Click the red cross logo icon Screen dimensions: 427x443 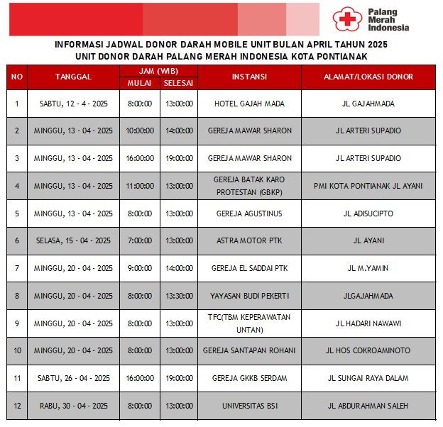coord(345,19)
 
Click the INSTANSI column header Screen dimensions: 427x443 coord(249,77)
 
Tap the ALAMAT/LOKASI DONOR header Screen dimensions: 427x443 coord(368,77)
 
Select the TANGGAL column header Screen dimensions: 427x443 coord(73,77)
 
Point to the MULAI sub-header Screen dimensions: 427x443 coord(139,84)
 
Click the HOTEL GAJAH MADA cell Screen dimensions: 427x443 coord(249,104)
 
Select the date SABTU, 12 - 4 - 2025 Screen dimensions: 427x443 coord(73,104)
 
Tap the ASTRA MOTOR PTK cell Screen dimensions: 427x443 coord(249,240)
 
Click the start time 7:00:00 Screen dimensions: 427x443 coord(139,240)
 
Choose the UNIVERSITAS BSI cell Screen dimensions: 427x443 coord(249,406)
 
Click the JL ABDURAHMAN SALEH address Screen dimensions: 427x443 coord(368,406)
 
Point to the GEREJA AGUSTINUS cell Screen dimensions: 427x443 coord(249,213)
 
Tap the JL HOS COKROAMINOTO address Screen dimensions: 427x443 coord(368,350)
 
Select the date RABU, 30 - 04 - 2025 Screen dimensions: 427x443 coord(73,406)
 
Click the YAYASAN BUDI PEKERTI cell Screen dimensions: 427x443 coord(249,296)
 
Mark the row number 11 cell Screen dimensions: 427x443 coord(17,378)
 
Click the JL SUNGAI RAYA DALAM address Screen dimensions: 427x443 coord(368,378)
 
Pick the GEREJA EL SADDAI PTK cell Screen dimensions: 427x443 coord(249,268)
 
